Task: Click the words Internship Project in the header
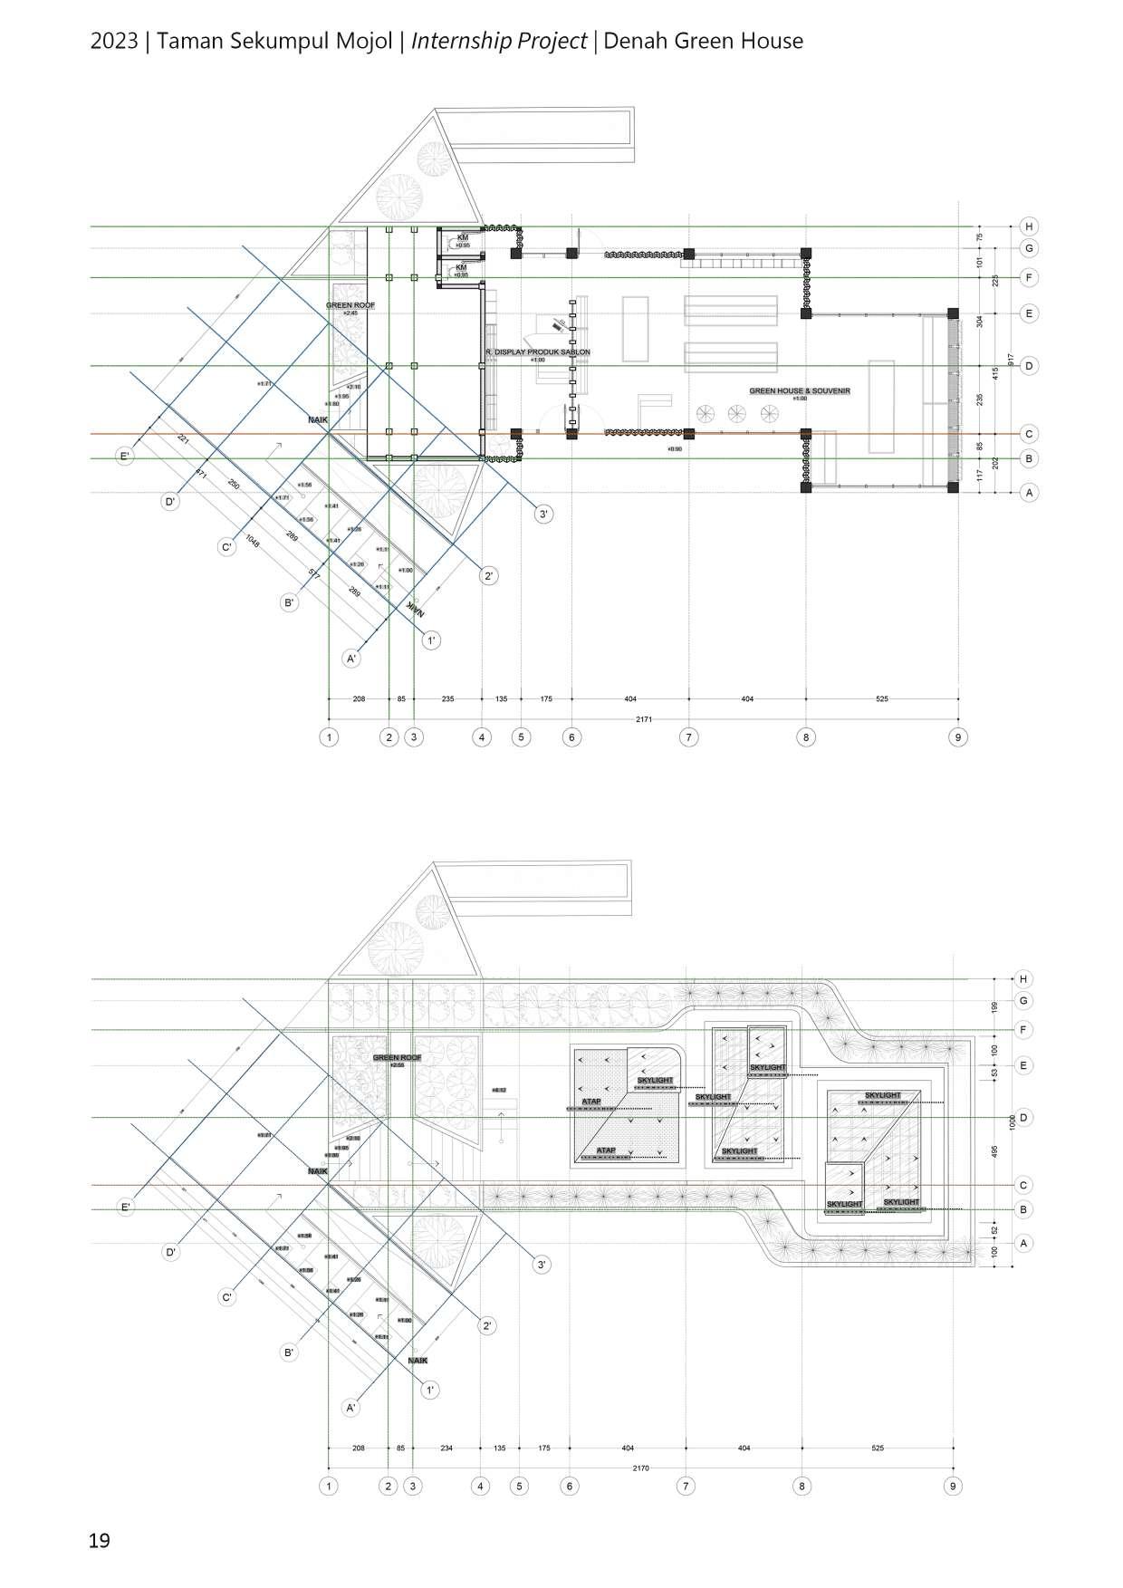[499, 41]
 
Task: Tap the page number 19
[100, 1540]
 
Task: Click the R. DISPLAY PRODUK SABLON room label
[538, 351]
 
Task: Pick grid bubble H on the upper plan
[1028, 226]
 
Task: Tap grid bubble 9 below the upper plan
[958, 737]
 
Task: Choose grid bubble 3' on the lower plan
[542, 1265]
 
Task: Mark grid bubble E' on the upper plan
[125, 457]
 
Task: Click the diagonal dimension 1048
[252, 543]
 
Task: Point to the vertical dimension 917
[1012, 360]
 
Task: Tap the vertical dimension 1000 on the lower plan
[1013, 1121]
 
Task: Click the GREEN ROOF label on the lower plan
[397, 1057]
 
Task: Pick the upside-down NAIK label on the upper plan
[415, 610]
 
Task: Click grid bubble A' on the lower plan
[351, 1408]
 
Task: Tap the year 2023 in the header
[113, 41]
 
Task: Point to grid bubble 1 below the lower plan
[329, 1486]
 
